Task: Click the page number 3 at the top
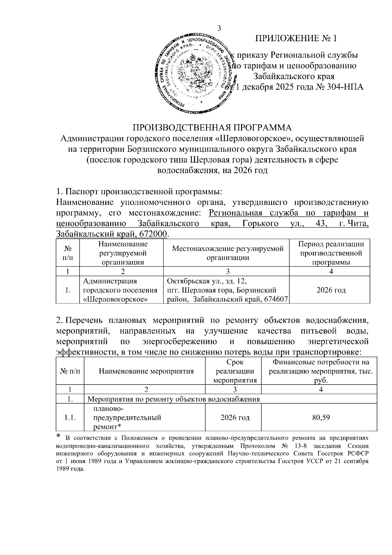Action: point(219,28)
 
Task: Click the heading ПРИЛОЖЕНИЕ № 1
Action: point(296,39)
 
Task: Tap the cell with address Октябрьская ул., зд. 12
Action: point(207,281)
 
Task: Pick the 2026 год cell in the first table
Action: point(331,290)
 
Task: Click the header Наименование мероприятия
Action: point(146,371)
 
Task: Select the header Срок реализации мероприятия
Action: point(235,371)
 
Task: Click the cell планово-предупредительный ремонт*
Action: point(127,418)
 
